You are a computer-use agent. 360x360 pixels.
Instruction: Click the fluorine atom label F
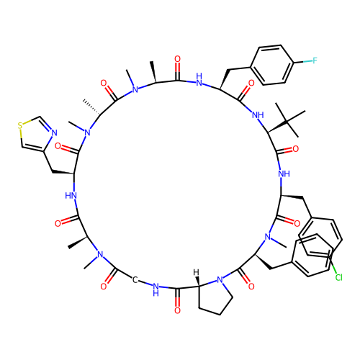coord(315,60)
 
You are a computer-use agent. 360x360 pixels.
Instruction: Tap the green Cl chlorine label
coord(338,277)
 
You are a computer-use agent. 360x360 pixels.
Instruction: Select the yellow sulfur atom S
coord(20,125)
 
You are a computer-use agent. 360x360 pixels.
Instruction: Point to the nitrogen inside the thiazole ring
coord(54,132)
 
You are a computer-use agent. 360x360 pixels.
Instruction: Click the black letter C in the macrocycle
coord(135,279)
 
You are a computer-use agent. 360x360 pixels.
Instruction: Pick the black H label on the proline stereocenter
coord(196,272)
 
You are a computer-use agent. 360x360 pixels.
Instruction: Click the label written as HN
coord(71,196)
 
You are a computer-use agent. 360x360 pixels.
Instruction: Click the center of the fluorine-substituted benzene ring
coord(272,65)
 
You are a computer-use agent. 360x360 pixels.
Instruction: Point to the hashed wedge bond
coord(91,107)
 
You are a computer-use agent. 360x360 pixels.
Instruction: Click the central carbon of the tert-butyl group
coord(287,122)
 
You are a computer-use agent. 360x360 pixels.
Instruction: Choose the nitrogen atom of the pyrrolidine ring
coord(220,280)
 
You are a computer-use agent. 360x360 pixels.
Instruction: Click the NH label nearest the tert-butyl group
coord(258,115)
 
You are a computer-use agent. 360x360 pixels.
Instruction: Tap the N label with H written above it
coord(199,80)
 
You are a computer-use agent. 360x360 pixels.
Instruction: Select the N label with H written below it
coord(156,289)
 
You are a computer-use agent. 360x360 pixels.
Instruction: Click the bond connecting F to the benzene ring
coord(302,62)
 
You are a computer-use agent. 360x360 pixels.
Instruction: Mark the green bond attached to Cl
coord(333,266)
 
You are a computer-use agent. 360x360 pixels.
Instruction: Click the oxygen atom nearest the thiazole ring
coord(58,146)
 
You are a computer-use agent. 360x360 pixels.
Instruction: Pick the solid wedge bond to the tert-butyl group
coord(277,127)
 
